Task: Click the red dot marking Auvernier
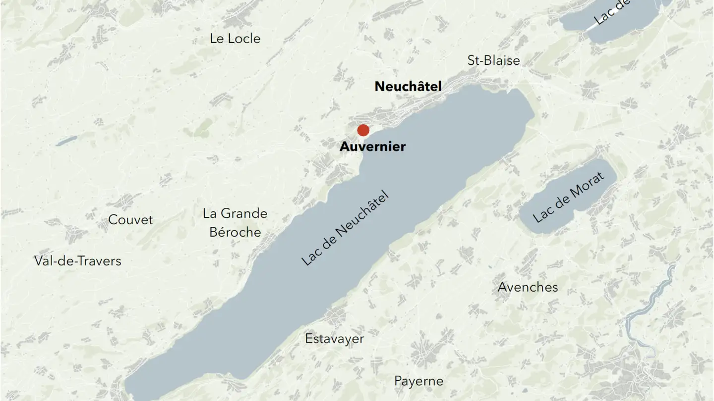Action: pos(363,130)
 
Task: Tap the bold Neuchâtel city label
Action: pos(408,87)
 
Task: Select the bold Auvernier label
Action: pos(372,147)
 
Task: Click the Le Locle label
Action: pos(235,39)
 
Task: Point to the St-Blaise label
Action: pos(494,60)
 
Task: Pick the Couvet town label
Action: pos(130,220)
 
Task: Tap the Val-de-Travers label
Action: pos(78,261)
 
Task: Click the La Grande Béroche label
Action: pos(235,223)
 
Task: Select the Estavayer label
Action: pos(334,339)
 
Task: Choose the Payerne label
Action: pos(418,381)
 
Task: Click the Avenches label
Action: pos(528,287)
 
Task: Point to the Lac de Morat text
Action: pos(569,197)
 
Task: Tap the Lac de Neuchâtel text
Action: pos(345,228)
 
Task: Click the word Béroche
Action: pos(235,232)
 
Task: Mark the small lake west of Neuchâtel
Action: pos(66,141)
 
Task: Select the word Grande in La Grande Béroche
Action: pos(244,214)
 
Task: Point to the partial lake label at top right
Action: pos(612,13)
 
